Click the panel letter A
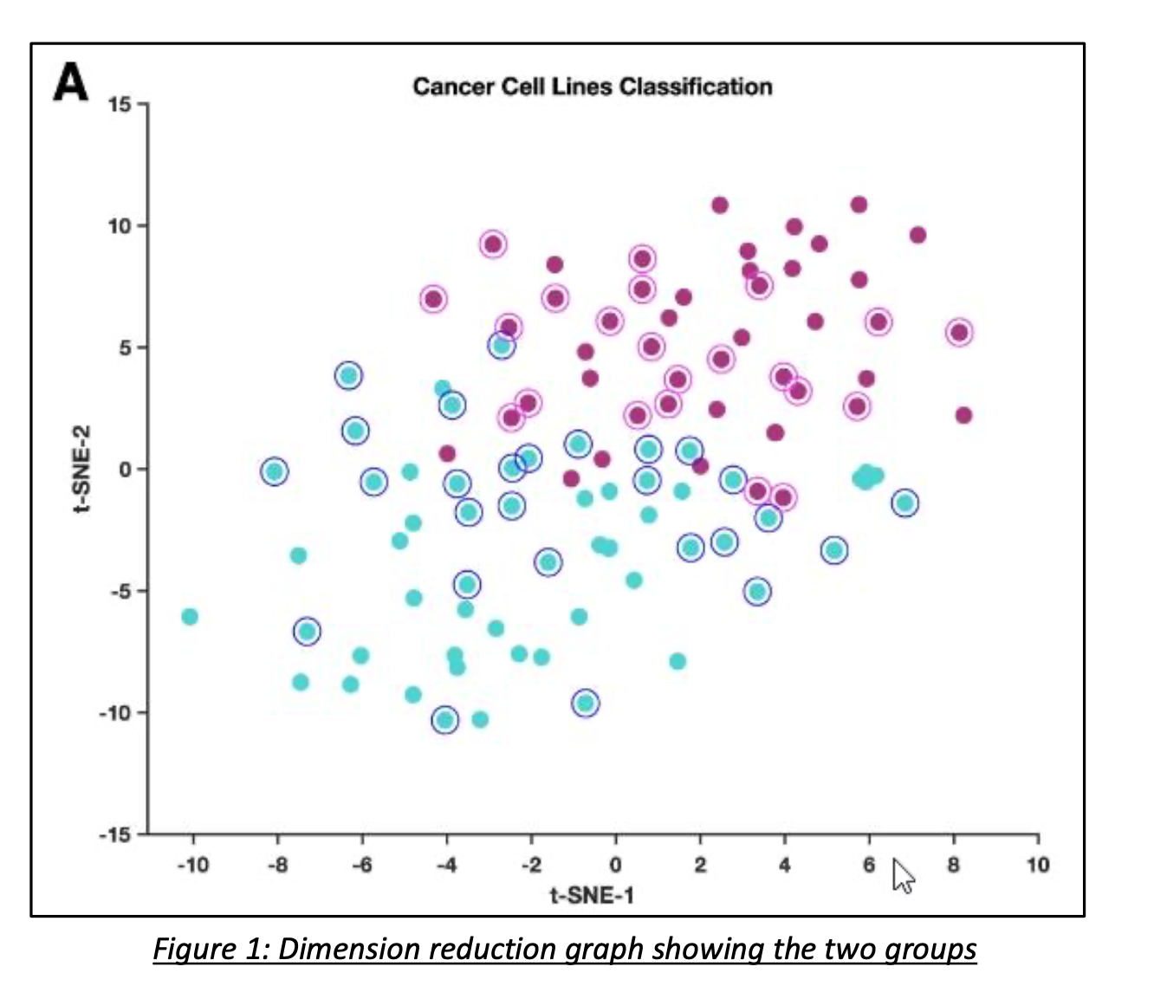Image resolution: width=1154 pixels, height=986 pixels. (71, 83)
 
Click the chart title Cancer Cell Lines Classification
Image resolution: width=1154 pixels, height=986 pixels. (592, 87)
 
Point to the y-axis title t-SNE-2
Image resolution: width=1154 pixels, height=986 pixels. (81, 469)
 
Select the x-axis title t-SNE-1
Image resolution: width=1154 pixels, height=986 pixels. (592, 895)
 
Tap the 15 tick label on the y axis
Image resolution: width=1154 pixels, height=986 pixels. (120, 105)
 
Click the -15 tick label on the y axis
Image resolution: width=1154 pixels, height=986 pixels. (116, 834)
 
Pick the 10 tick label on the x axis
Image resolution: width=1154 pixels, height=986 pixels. (1037, 865)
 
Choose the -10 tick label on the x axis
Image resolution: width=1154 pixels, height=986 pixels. (192, 865)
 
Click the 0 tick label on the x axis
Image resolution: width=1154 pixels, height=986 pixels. (615, 865)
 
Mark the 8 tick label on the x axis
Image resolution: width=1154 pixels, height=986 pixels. (953, 865)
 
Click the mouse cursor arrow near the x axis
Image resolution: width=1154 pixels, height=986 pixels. (903, 876)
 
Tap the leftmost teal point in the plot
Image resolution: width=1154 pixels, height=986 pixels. (190, 617)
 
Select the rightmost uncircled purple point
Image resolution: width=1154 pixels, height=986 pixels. (963, 416)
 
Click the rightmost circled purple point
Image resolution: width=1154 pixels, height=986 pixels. (959, 333)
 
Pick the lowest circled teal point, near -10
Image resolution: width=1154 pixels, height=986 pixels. (445, 720)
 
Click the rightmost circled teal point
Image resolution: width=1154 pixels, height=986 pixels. (905, 503)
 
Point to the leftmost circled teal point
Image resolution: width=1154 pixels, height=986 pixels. (275, 471)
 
